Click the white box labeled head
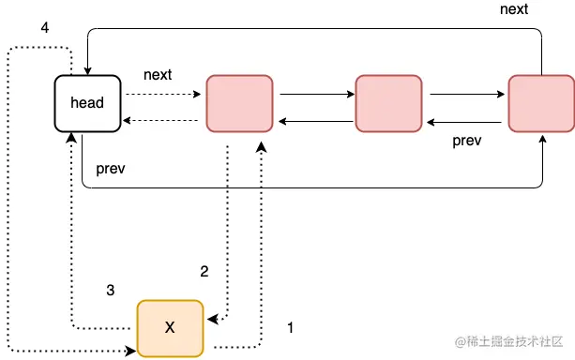tap(87, 101)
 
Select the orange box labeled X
tap(170, 327)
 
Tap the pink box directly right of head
tap(238, 101)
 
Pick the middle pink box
tap(388, 101)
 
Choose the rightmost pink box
tap(540, 101)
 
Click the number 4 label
tap(45, 27)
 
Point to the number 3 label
tap(111, 291)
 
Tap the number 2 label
tap(204, 272)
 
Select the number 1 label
tap(291, 328)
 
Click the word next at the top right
tap(514, 9)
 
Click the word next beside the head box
tap(158, 73)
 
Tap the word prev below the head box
tap(111, 170)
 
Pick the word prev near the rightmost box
tap(467, 141)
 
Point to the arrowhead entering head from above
tap(87, 67)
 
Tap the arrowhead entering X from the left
tap(131, 352)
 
